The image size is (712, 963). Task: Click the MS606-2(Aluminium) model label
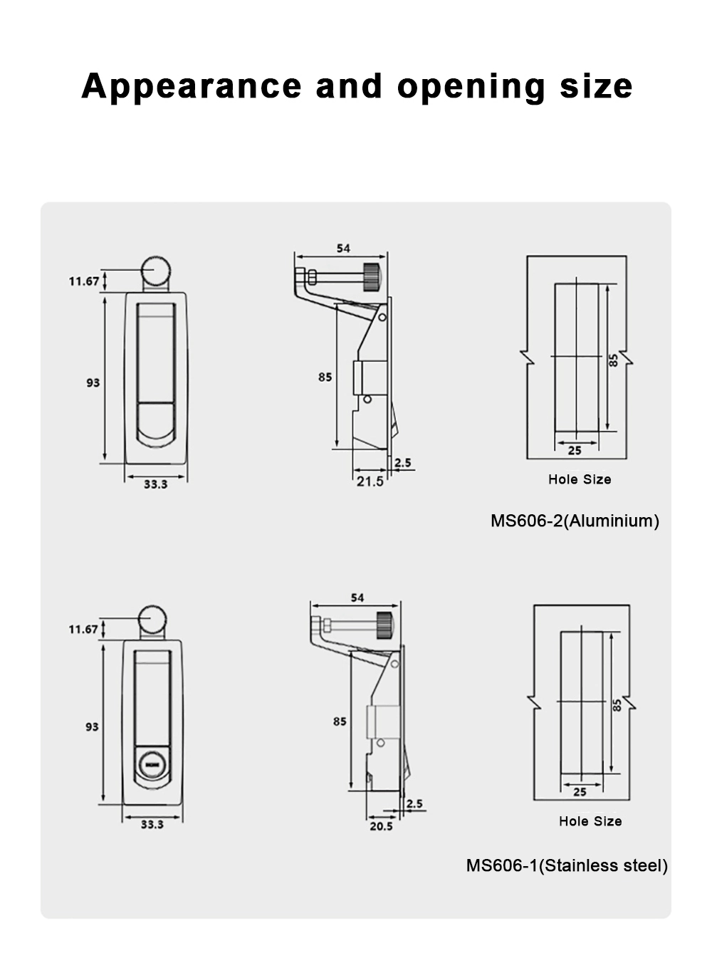coord(575,521)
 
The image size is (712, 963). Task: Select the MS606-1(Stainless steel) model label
coord(567,865)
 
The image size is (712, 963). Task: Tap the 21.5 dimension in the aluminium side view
coord(370,481)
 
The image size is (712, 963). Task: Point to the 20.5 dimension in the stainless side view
coord(381,826)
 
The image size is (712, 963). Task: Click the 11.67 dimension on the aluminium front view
coord(84,281)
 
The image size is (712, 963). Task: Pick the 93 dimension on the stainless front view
coord(92,727)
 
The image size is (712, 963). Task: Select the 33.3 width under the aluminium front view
coord(155,484)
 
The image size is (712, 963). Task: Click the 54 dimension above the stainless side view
coord(357,598)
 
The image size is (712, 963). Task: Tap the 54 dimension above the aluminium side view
coord(343,249)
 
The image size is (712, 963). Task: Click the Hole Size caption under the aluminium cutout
coord(580,479)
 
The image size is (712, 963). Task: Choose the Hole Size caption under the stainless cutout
coord(590,821)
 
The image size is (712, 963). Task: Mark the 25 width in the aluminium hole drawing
coord(575,450)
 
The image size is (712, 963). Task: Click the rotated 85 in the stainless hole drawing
coord(617,704)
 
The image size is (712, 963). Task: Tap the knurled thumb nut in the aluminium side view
coord(371,276)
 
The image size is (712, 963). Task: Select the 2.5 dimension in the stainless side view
coord(414,803)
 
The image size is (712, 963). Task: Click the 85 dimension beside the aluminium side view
coord(325,377)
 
